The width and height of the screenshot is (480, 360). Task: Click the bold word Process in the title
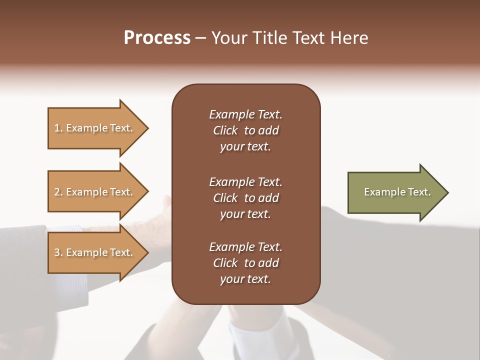click(x=157, y=38)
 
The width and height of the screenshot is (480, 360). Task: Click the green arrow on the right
click(x=395, y=192)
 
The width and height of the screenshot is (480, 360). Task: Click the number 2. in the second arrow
click(x=58, y=192)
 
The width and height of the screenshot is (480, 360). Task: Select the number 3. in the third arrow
click(x=58, y=252)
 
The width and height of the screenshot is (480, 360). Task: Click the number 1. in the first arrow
click(x=58, y=128)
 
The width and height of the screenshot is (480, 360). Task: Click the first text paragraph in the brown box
click(x=245, y=130)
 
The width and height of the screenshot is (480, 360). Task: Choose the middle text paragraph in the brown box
click(x=245, y=197)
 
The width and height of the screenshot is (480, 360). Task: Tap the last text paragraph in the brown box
click(x=245, y=263)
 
